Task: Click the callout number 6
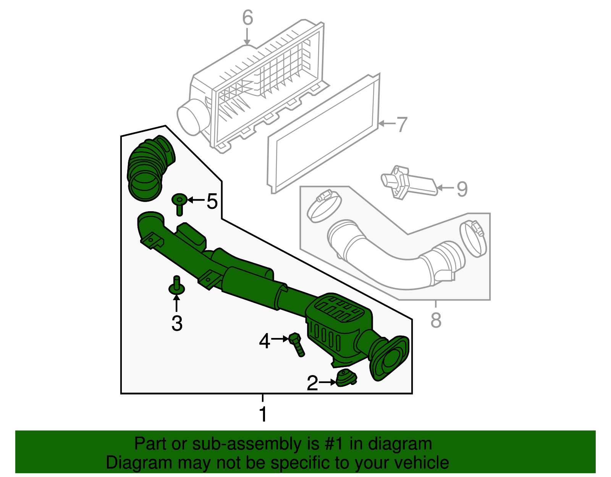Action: pos(248,18)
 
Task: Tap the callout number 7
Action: pos(402,125)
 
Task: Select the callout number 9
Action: pos(462,189)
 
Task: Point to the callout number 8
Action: pos(436,320)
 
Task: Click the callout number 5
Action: pos(212,201)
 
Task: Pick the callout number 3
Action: pos(177,323)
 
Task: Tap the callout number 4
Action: pos(264,341)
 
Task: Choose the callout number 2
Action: pos(312,383)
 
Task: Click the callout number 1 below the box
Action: pos(263,414)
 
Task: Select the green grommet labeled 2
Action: pos(346,378)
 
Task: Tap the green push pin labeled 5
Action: pos(179,203)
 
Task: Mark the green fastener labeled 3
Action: pos(176,286)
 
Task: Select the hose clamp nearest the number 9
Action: pos(474,239)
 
